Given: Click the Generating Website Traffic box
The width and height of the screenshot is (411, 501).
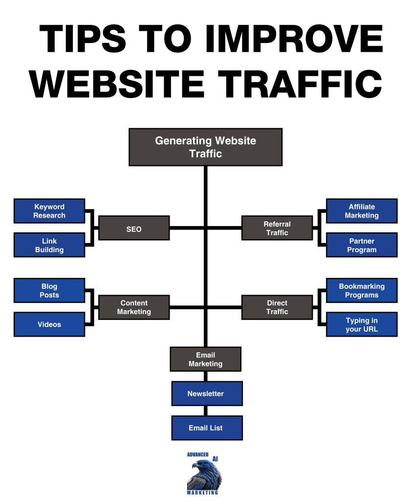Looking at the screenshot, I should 205,147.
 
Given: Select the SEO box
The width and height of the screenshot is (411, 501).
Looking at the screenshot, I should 134,228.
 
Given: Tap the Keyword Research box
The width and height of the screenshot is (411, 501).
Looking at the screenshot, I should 49,211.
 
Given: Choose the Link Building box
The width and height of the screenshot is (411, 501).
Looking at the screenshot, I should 49,245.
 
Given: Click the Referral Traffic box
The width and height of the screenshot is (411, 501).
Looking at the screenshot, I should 277,228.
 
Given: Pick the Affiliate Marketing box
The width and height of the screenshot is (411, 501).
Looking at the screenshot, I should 362,211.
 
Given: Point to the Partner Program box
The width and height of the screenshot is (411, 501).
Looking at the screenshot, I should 362,245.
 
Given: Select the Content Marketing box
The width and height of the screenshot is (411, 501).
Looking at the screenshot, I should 134,307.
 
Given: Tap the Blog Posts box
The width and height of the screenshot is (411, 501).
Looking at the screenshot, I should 49,291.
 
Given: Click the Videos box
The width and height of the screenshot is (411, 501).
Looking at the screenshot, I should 49,324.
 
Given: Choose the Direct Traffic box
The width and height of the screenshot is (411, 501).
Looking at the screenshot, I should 277,307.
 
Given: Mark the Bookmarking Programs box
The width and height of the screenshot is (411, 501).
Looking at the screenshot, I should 362,291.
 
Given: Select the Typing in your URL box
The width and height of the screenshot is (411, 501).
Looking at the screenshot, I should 362,324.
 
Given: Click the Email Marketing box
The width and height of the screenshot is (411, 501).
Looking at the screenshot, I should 205,359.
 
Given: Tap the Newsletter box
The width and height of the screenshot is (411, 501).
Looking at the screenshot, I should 207,393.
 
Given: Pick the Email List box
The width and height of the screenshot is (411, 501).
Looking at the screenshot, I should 207,428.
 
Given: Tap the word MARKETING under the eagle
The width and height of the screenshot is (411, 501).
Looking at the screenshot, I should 202,493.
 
